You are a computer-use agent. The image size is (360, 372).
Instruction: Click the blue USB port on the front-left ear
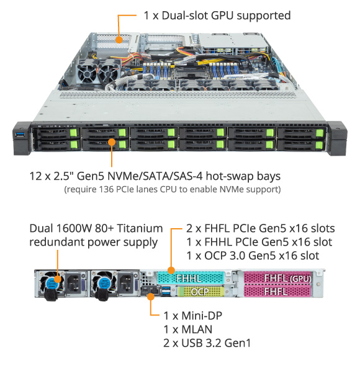click(20, 135)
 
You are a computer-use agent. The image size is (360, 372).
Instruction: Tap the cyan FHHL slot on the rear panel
click(191, 278)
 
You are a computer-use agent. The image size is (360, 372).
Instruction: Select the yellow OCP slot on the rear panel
click(201, 291)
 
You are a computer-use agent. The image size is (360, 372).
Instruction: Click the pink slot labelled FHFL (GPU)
click(277, 278)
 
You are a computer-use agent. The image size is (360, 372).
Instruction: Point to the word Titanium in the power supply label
click(140, 228)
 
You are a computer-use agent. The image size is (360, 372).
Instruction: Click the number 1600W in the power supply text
click(74, 228)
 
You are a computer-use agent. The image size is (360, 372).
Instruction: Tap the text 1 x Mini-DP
click(193, 316)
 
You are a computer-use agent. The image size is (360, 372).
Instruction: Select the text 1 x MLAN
click(188, 330)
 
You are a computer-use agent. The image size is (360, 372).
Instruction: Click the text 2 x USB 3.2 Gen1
click(207, 343)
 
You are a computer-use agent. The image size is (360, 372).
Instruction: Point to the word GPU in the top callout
click(222, 15)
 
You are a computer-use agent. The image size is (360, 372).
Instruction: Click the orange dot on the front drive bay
click(112, 143)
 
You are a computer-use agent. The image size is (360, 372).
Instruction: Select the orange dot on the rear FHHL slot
click(171, 270)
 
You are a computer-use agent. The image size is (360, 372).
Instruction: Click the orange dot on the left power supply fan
click(58, 279)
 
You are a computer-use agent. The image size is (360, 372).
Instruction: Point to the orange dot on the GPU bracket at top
click(119, 40)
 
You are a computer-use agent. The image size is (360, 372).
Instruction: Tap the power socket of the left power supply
click(73, 283)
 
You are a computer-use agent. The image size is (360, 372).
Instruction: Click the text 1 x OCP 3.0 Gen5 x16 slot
click(253, 255)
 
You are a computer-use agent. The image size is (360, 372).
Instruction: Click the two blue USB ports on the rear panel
click(166, 291)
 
